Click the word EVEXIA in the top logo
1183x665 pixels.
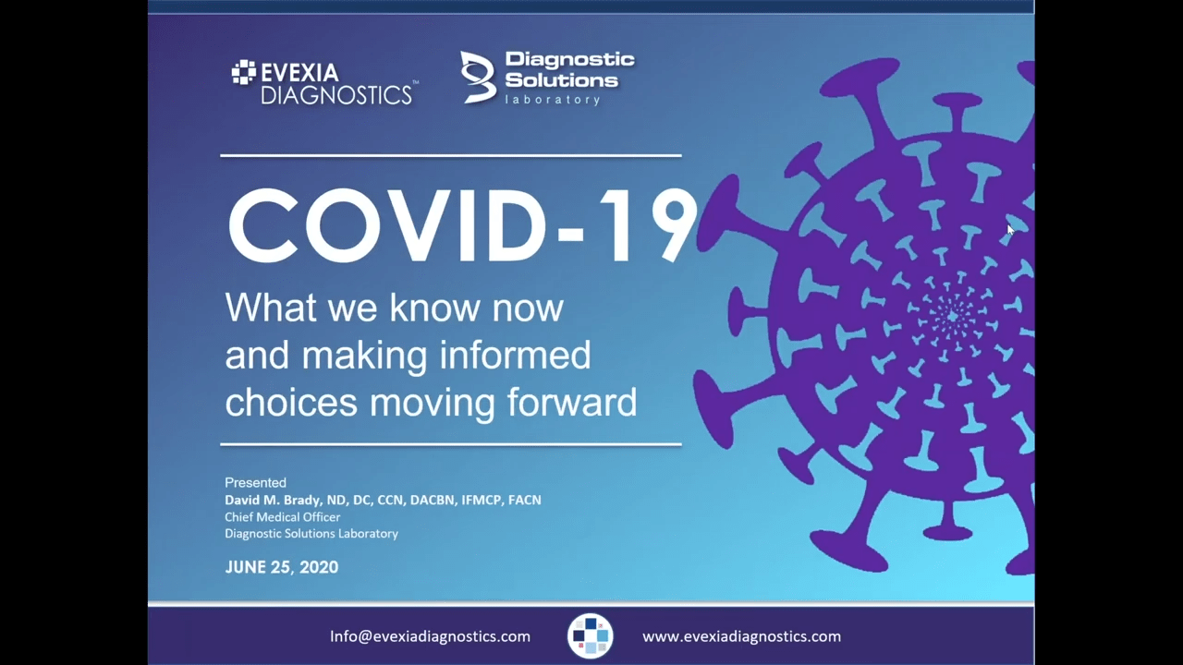click(x=299, y=73)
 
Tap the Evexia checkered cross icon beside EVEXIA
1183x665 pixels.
click(x=243, y=72)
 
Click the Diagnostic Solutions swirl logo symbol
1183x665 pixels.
click(x=478, y=77)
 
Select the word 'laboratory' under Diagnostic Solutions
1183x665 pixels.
click(x=553, y=99)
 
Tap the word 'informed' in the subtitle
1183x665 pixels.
click(x=515, y=356)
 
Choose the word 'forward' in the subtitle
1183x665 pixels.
click(x=572, y=402)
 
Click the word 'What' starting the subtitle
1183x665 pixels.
click(x=271, y=308)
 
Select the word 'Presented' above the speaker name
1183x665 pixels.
click(x=256, y=482)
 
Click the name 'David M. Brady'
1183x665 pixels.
click(x=273, y=500)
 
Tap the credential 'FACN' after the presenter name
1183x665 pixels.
click(x=524, y=500)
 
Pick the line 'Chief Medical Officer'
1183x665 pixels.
click(x=283, y=516)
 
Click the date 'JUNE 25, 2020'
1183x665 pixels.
click(x=282, y=567)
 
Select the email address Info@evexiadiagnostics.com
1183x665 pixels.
click(x=430, y=636)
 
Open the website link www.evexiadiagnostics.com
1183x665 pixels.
click(x=741, y=636)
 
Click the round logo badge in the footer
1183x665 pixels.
click(x=591, y=636)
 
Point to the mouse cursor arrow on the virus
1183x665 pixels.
click(x=1010, y=230)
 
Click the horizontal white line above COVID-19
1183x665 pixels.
click(x=451, y=156)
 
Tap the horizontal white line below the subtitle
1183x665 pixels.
click(x=451, y=444)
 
